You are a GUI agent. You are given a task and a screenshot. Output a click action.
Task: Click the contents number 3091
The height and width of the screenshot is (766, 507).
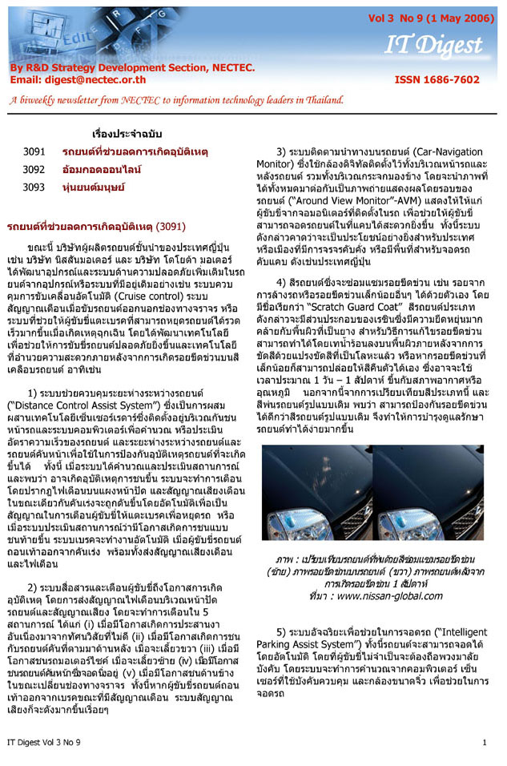pos(34,151)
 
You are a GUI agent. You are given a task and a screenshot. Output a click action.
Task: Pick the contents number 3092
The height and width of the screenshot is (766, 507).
pos(34,169)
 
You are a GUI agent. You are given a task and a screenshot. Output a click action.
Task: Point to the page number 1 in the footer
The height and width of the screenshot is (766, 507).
pos(484,743)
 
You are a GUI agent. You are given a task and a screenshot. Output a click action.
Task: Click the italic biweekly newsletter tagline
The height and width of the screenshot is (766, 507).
pos(176,101)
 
